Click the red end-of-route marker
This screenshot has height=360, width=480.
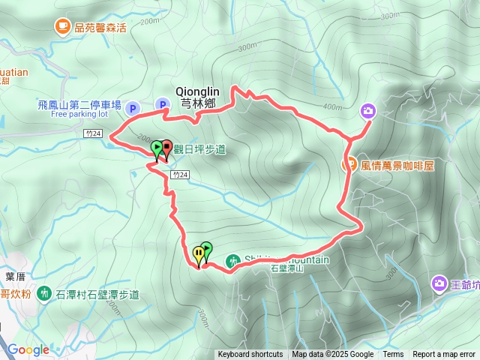pyautogui.click(x=166, y=147)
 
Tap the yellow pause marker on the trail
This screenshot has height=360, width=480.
pyautogui.click(x=198, y=253)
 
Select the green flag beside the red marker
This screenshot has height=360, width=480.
pyautogui.click(x=156, y=147)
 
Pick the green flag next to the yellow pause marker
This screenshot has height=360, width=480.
pyautogui.click(x=206, y=248)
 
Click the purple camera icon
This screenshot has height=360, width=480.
pyautogui.click(x=367, y=111)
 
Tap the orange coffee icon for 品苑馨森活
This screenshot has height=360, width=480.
pyautogui.click(x=61, y=27)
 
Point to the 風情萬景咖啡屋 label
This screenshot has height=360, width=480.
pyautogui.click(x=397, y=165)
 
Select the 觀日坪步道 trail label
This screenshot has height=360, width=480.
pyautogui.click(x=199, y=149)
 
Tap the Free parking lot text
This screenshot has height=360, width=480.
pyautogui.click(x=79, y=115)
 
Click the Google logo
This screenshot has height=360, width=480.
pyautogui.click(x=28, y=349)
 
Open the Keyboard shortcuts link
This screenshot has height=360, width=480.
pyautogui.click(x=250, y=355)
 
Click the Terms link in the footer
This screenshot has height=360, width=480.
pyautogui.click(x=393, y=355)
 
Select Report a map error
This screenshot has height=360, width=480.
pyautogui.click(x=444, y=355)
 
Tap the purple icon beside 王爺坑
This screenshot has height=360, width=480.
pyautogui.click(x=439, y=283)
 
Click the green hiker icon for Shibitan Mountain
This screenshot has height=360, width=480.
pyautogui.click(x=232, y=261)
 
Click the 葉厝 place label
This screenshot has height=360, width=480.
pyautogui.click(x=16, y=277)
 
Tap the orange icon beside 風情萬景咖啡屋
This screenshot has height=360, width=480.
pyautogui.click(x=349, y=164)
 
